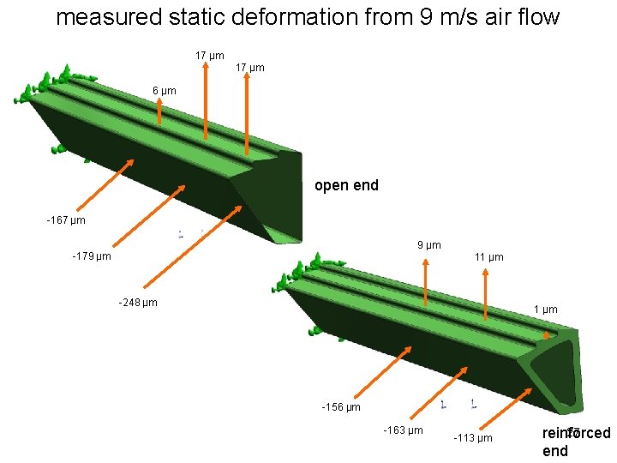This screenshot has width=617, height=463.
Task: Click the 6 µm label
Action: coord(164,91)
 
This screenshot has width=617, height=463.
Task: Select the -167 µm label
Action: coord(66,221)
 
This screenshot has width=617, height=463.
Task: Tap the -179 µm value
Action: coord(92,256)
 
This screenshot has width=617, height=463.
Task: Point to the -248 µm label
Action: coord(137,302)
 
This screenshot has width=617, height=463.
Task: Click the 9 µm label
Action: coord(429,245)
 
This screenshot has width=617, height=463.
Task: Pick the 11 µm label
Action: coord(488,257)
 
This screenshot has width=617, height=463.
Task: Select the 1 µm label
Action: coord(545,310)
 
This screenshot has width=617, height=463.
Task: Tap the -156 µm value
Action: coord(340,406)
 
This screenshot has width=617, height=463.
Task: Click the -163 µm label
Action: coord(403,430)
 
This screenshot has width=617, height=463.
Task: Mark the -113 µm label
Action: coord(472,438)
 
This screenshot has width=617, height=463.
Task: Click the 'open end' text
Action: coord(346,185)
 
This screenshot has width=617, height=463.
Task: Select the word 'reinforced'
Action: coord(576,433)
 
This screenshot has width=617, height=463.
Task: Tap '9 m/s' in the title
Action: coord(452,17)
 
